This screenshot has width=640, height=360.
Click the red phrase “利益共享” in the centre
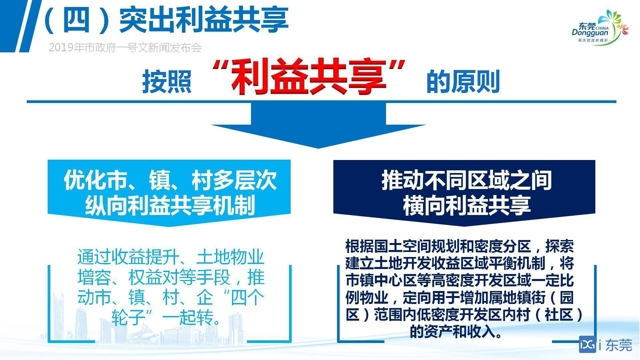[x=309, y=77]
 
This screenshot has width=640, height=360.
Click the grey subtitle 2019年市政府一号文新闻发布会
[x=125, y=48]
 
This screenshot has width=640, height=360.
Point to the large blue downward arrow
[x=318, y=125]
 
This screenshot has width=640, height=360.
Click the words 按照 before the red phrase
[x=167, y=81]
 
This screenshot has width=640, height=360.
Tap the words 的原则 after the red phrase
[x=463, y=81]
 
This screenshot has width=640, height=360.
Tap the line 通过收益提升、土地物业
[x=171, y=257]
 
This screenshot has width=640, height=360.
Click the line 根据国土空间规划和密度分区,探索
[x=460, y=247]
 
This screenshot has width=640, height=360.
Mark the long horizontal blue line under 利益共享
[x=321, y=101]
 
